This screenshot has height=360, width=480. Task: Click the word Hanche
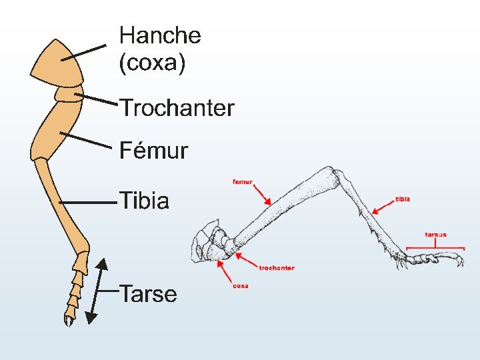[160, 35]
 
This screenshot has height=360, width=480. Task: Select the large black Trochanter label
[177, 108]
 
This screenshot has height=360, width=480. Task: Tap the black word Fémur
[153, 151]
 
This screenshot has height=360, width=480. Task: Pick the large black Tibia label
[144, 201]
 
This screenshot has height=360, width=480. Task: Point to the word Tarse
[148, 294]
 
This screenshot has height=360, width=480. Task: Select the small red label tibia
[403, 199]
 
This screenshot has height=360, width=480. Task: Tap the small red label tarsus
[435, 235]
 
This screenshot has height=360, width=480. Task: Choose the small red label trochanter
[277, 268]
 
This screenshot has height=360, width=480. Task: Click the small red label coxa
[241, 286]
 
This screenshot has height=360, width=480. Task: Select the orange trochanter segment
[69, 93]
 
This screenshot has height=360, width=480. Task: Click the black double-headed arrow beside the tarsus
[97, 291]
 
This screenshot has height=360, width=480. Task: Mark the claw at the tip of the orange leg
[69, 321]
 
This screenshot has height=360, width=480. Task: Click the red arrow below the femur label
[262, 195]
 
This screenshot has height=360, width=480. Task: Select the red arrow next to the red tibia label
[383, 206]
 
